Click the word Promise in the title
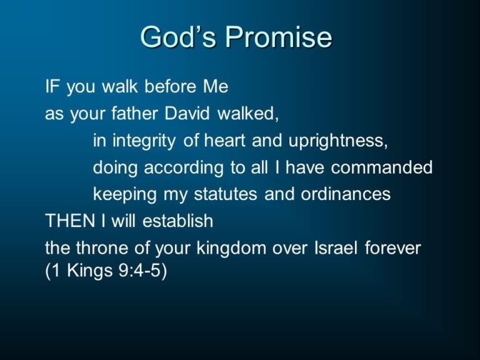pos(279,37)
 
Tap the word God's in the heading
pos(179,37)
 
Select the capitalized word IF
pos(52,86)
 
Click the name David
pos(187,113)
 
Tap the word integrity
pos(144,141)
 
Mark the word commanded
pos(382,167)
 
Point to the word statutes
pos(225,194)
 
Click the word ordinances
pos(346,194)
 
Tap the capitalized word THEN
pos(70,221)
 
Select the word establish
pos(178,221)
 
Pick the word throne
pos(102,247)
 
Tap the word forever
pos(392,247)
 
